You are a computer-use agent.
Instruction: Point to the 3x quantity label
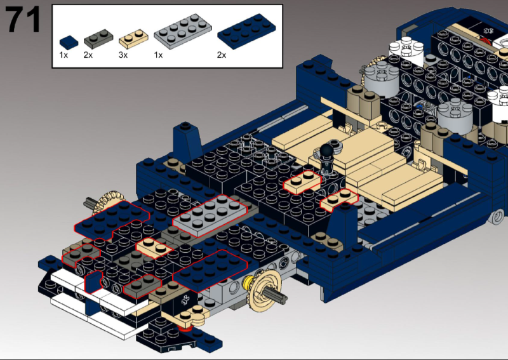click(123, 56)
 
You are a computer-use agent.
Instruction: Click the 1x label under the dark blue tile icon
click(63, 56)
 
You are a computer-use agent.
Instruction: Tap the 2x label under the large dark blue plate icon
click(222, 56)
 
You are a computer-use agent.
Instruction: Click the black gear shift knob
click(328, 150)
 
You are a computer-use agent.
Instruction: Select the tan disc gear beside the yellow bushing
click(267, 291)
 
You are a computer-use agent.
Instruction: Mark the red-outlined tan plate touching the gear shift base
click(302, 183)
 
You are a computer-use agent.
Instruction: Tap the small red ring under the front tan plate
click(185, 328)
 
